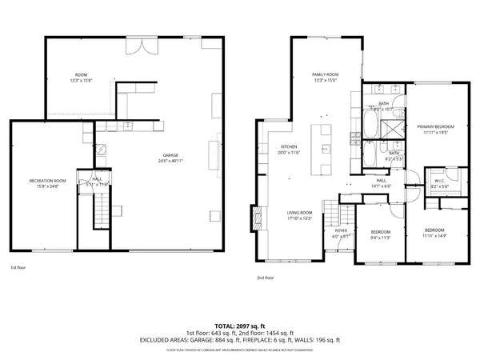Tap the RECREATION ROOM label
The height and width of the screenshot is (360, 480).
coord(48,181)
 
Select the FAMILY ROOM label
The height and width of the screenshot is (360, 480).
coord(326,74)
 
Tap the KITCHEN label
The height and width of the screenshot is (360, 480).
coord(289,146)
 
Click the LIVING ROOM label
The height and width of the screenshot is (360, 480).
coord(299,212)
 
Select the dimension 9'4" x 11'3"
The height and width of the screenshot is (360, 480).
coord(379,237)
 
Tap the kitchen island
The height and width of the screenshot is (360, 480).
coord(325,149)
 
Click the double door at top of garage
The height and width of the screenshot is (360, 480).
coord(144,46)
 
